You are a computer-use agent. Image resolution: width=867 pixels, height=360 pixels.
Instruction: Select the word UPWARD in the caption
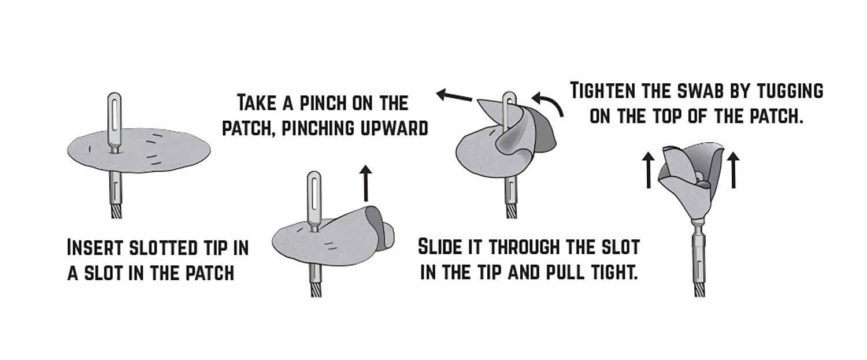pyautogui.click(x=394, y=128)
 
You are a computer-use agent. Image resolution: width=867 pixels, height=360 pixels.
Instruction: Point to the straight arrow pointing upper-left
pyautogui.click(x=454, y=95)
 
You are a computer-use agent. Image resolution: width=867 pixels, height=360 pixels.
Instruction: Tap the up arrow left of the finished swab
pyautogui.click(x=649, y=170)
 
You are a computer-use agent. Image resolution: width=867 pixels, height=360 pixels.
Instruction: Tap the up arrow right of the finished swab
pyautogui.click(x=733, y=170)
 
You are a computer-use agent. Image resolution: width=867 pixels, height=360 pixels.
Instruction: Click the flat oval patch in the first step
pyautogui.click(x=139, y=152)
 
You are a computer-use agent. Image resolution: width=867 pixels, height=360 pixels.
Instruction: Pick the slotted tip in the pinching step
pyautogui.click(x=314, y=201)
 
